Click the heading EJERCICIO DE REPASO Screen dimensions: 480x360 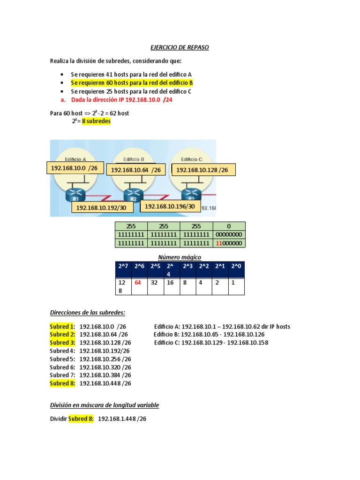tap(180, 48)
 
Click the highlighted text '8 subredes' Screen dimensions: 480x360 tap(97, 121)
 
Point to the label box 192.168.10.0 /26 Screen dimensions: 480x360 tap(74, 168)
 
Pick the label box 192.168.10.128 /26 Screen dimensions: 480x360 tap(203, 170)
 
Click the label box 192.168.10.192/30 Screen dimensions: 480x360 tap(102, 208)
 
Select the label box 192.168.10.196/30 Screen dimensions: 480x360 tap(170, 206)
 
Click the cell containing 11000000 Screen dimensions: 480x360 tap(229, 243)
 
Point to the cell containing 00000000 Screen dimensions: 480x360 tap(229, 234)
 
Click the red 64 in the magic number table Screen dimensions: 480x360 tap(138, 283)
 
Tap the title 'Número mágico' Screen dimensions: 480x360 tap(180, 257)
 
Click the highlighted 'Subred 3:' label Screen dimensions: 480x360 tap(62, 343)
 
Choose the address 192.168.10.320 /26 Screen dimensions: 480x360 tap(105, 367)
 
